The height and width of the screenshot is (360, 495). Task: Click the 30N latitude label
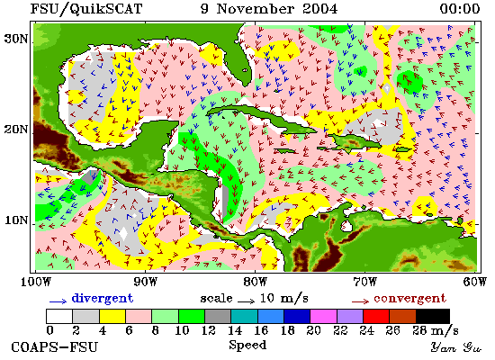tap(16, 40)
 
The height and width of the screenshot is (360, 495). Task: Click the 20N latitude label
tap(16, 130)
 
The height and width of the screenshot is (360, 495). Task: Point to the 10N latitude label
tap(16, 220)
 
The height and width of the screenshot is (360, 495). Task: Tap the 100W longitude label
tap(36, 282)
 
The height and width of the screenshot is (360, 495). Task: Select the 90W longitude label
tap(145, 282)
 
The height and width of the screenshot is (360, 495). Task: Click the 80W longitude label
tap(255, 282)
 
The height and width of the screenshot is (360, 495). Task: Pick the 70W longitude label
tap(364, 282)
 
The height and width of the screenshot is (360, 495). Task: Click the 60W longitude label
tap(475, 282)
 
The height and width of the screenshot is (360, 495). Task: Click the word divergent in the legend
tap(103, 298)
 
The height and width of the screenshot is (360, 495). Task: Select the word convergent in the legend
tap(410, 299)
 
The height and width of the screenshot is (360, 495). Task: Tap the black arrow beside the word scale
tap(246, 301)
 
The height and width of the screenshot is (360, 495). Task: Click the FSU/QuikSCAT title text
tap(86, 9)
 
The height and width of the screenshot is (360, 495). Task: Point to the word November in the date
tap(256, 9)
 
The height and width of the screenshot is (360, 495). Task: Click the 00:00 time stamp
tap(460, 9)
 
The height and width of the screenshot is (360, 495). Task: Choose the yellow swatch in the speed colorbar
tap(112, 316)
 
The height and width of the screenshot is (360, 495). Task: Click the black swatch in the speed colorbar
tap(433, 316)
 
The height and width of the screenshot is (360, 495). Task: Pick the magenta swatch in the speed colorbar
tap(323, 316)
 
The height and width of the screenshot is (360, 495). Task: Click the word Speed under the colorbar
tap(247, 345)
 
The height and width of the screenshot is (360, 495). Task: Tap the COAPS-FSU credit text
tap(55, 347)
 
